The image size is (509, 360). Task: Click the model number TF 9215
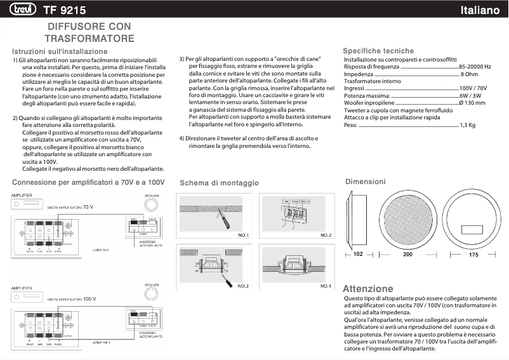65,10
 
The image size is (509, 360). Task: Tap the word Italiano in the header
481,10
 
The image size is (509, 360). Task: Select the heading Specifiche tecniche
378,51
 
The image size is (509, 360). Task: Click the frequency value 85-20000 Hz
475,67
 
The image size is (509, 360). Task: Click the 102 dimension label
358,254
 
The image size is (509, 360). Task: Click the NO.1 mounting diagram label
243,235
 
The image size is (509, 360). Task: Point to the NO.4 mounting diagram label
326,286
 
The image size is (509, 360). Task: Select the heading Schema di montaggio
219,183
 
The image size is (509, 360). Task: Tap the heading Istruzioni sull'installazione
60,51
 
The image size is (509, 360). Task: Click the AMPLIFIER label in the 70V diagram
22,196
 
